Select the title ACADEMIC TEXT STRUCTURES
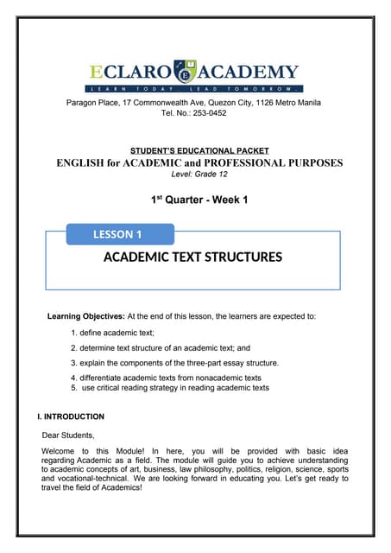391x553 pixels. (193, 257)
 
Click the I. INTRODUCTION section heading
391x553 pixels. (66, 417)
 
